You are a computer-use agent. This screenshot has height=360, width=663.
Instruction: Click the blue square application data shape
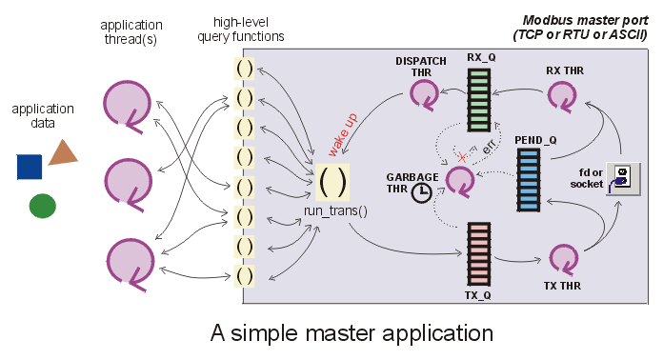30,166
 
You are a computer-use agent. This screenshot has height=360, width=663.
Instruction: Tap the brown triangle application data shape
63,152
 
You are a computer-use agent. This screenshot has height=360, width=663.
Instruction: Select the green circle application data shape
42,205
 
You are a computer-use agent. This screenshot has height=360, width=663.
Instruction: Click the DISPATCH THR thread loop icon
424,93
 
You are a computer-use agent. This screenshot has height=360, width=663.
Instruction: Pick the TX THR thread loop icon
563,258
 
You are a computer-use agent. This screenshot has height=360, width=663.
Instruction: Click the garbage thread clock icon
421,191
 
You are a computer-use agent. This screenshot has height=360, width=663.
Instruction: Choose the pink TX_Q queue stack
479,252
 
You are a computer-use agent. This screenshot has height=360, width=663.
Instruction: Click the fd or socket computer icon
620,177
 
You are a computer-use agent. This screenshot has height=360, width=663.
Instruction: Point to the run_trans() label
335,209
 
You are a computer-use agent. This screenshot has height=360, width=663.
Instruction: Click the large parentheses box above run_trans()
333,180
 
